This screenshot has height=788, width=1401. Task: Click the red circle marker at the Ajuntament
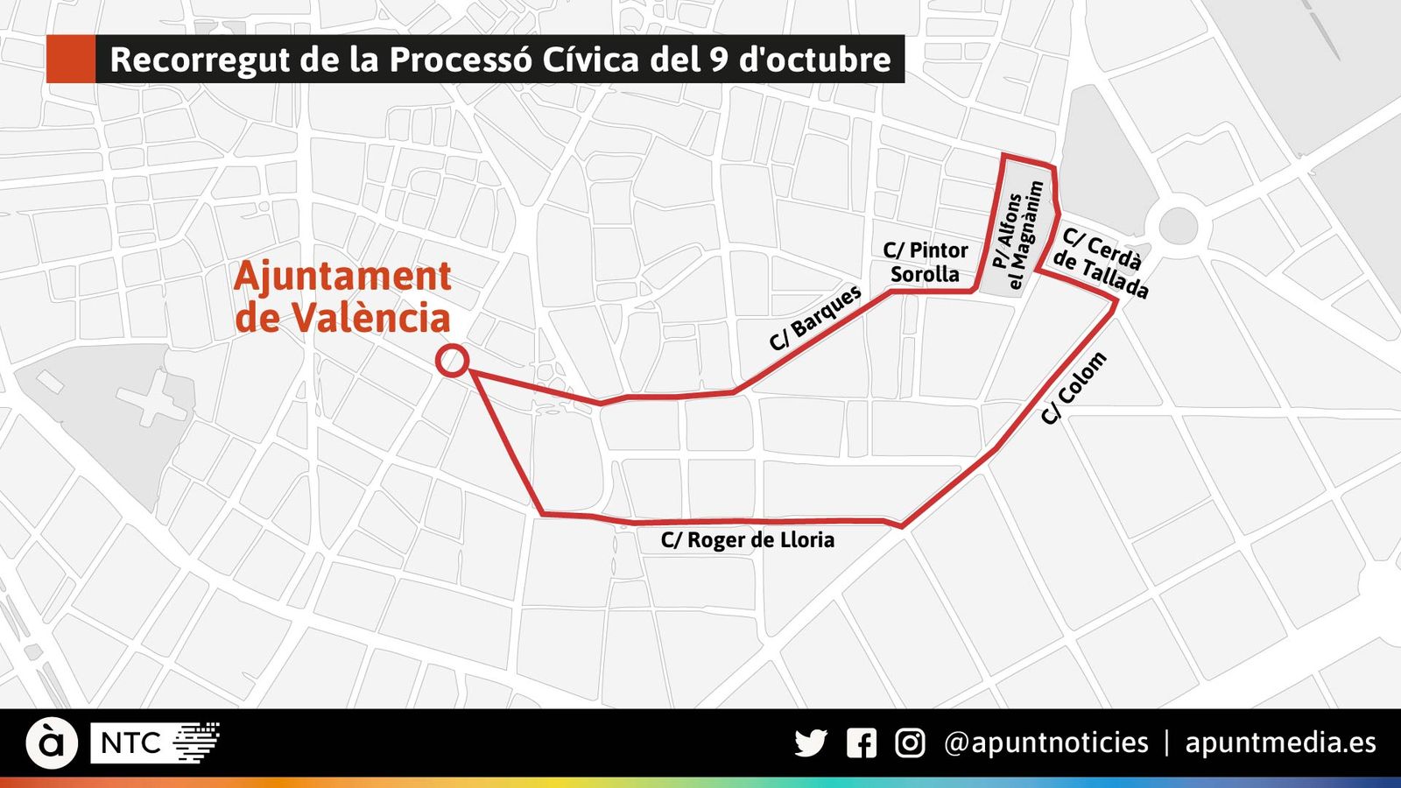pos(452,361)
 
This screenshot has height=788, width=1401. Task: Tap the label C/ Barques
pos(815,320)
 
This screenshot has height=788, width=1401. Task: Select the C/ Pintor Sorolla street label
pos(926,262)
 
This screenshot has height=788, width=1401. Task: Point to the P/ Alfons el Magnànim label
pos(1018,235)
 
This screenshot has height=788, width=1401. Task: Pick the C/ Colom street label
pos(1074,389)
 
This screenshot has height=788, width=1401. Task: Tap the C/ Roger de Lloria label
pos(747,540)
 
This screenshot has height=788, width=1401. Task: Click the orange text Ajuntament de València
pos(342,297)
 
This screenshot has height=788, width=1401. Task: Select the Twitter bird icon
pos(811,743)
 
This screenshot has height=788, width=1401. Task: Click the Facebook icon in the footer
pos(862,743)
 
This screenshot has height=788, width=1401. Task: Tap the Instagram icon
pos(910,743)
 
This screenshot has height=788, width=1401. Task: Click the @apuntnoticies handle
pos(1045,743)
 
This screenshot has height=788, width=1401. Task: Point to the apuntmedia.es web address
pos(1280,743)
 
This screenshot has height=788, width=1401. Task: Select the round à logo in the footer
pos(52,743)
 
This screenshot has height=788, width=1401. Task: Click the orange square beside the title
pos(70,60)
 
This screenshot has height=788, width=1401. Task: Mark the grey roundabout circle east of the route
pos(1178,226)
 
